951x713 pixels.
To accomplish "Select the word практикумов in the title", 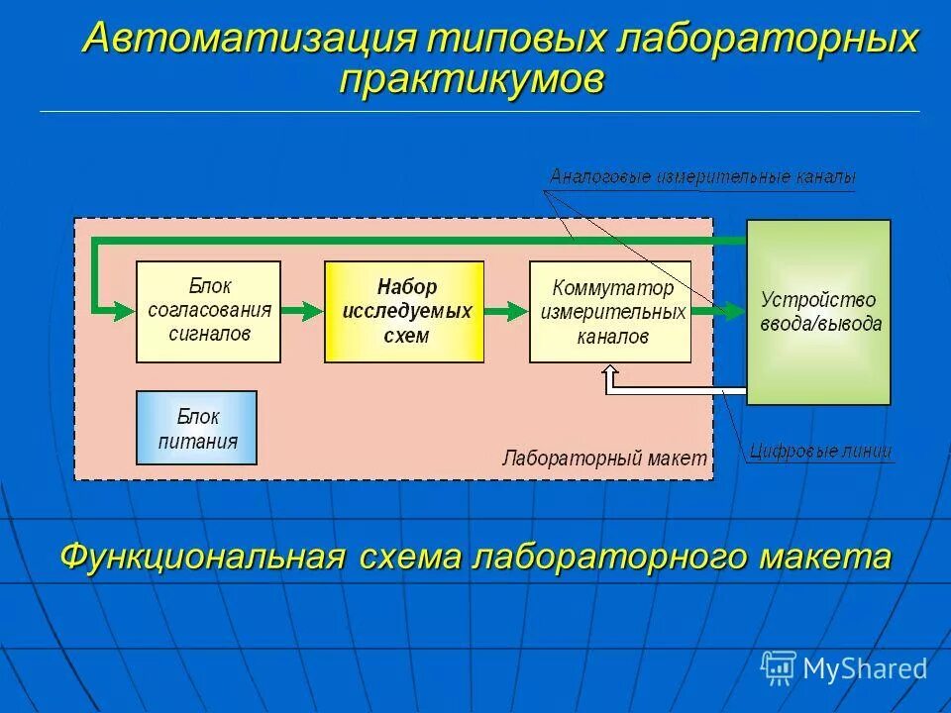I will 472,79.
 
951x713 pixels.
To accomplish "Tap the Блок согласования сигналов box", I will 208,311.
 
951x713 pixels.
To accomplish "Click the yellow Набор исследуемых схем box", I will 404,311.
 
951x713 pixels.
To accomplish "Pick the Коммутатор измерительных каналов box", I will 610,311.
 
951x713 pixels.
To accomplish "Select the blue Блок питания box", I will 196,428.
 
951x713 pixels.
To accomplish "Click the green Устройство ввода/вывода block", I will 818,311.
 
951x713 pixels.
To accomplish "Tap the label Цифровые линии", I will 819,452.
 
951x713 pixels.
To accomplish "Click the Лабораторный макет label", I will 604,458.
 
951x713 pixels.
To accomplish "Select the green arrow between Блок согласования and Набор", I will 302,311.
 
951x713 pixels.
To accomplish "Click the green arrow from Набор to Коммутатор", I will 506,311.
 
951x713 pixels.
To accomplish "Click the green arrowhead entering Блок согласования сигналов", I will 123,311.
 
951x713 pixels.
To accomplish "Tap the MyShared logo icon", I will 778,668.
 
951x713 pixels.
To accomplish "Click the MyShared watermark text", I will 865,668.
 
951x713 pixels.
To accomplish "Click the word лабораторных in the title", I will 767,39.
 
